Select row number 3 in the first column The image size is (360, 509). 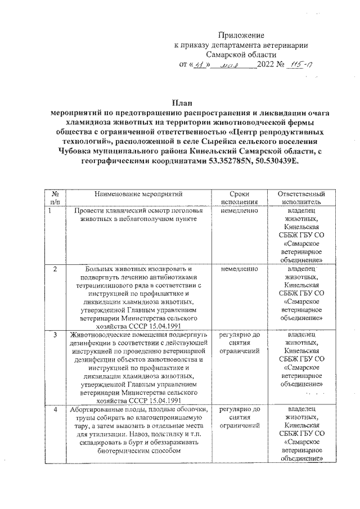[55, 335]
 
